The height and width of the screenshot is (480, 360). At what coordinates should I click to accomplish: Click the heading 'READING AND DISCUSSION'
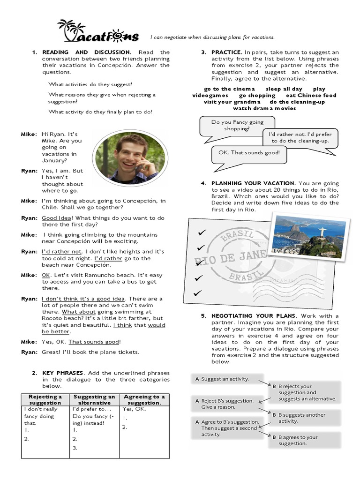(x=87, y=52)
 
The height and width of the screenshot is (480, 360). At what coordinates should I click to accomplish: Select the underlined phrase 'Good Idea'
(x=57, y=218)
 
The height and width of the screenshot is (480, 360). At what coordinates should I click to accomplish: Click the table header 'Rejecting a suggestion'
(x=45, y=399)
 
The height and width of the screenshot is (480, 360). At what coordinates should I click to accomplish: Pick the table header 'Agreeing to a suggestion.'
(x=143, y=399)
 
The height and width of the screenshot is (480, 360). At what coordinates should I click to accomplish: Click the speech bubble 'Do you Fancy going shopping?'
(x=230, y=125)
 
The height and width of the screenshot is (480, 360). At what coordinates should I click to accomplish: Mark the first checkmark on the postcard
(x=202, y=232)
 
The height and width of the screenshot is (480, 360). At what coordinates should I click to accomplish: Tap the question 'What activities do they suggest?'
(x=90, y=84)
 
